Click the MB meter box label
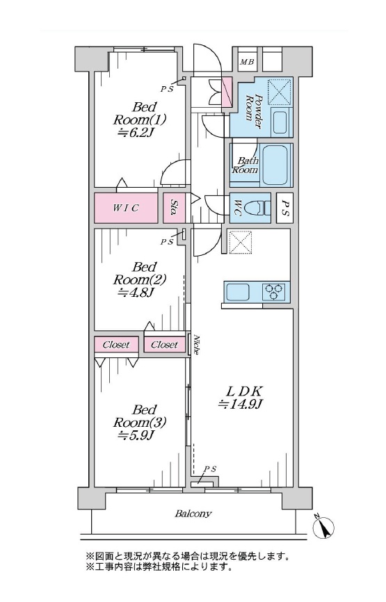(x=247, y=61)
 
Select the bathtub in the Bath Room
(x=275, y=165)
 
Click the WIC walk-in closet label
(x=126, y=208)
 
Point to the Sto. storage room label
(x=174, y=208)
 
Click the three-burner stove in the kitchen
(x=275, y=291)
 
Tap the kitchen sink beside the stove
(x=238, y=292)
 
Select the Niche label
(x=196, y=345)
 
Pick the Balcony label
(x=193, y=513)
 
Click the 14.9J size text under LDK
(x=240, y=404)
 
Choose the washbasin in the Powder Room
(x=282, y=122)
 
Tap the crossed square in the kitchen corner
(x=240, y=242)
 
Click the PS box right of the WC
(x=284, y=208)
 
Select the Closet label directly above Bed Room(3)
(x=116, y=345)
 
